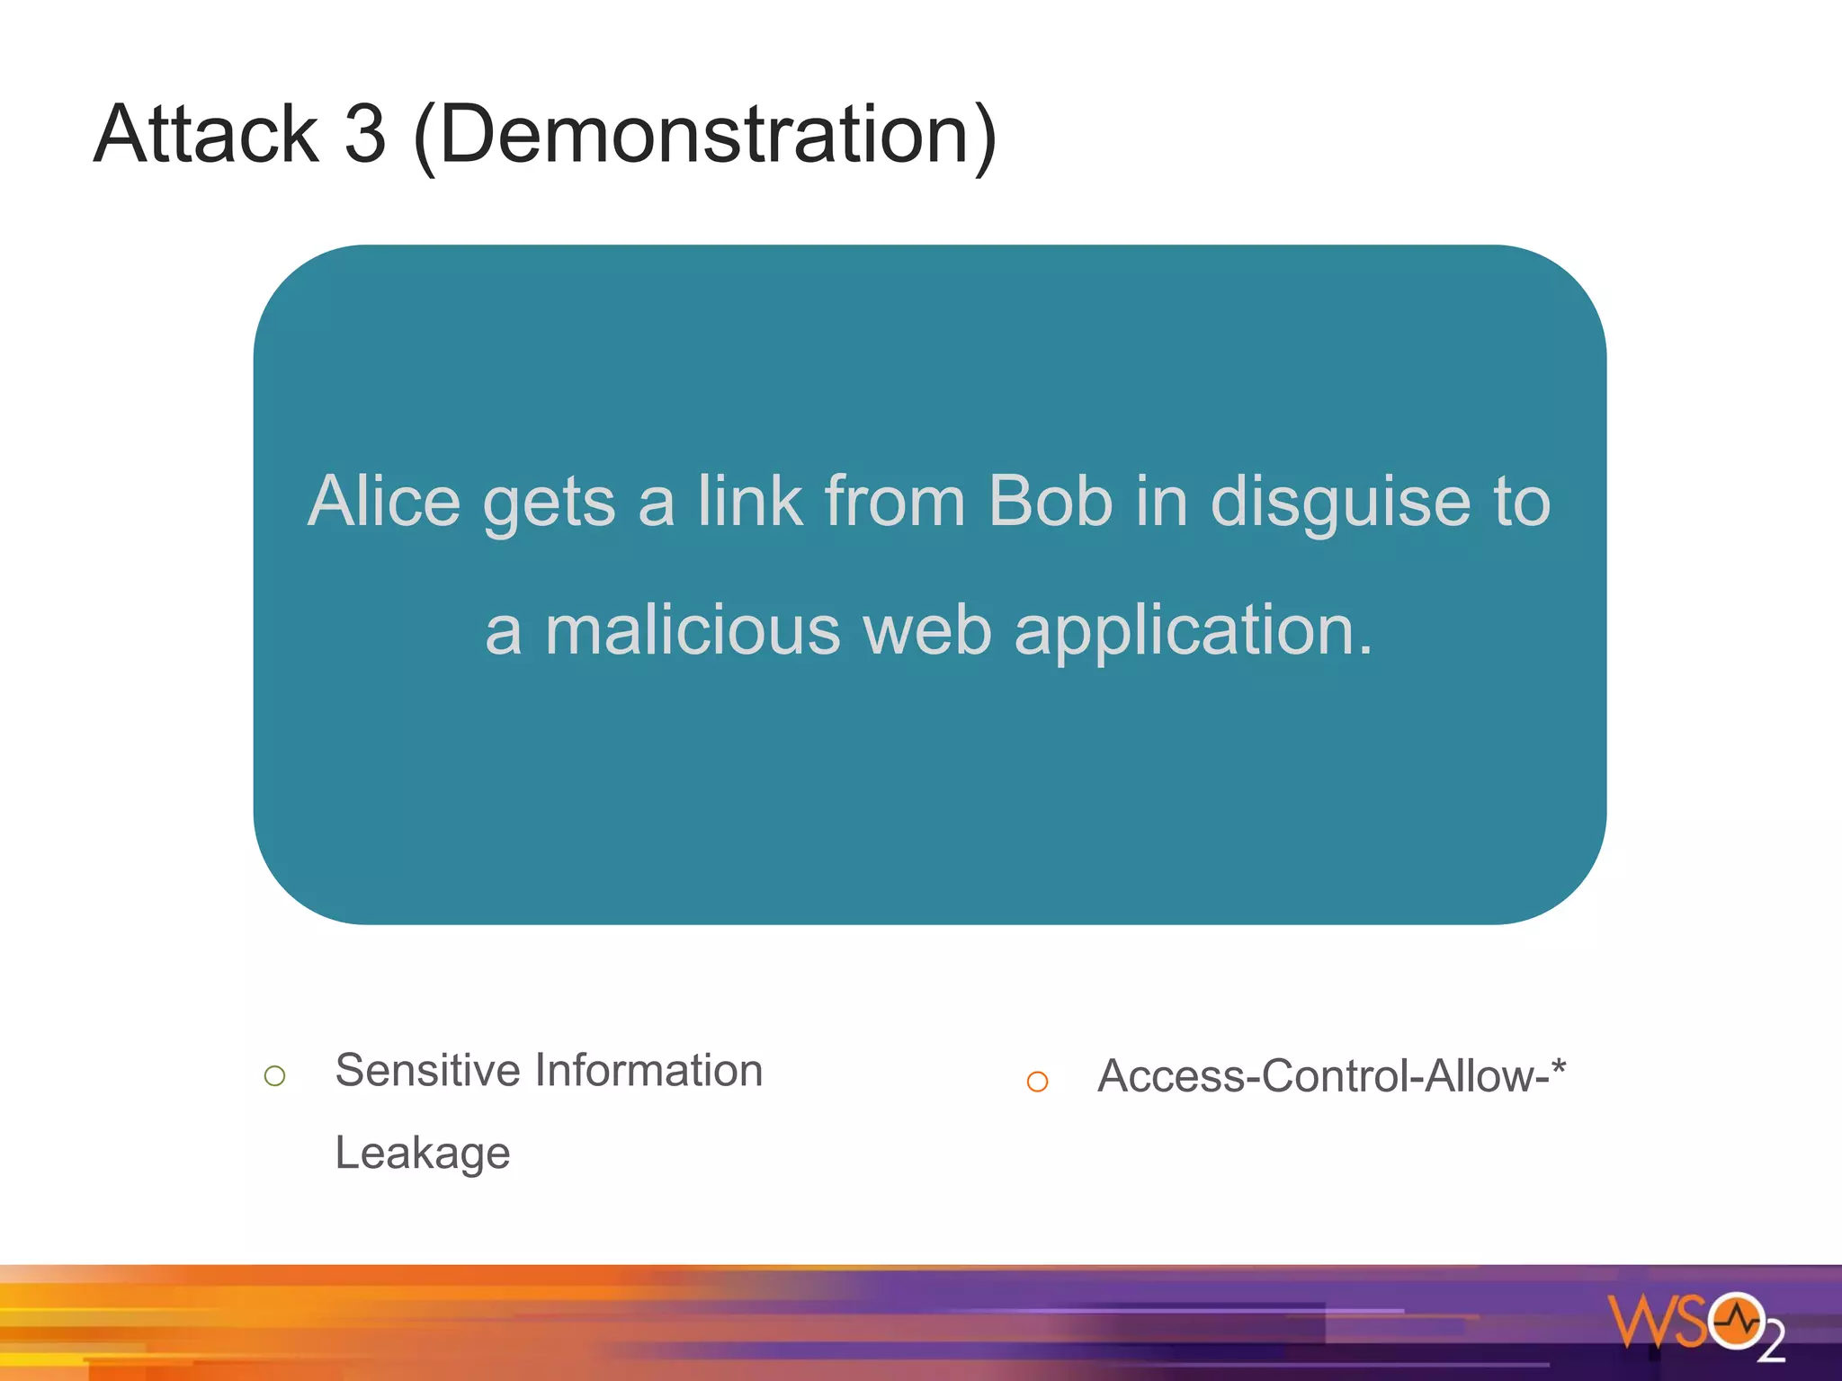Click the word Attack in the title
[206, 135]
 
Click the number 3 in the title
[365, 135]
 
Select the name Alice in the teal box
[384, 501]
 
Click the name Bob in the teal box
[1050, 501]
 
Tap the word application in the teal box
[1193, 632]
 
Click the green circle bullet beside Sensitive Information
[275, 1075]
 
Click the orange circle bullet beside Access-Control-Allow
[1037, 1082]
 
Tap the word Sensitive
[428, 1070]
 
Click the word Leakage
[422, 1154]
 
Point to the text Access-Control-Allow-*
[1331, 1076]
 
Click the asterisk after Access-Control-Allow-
[1559, 1067]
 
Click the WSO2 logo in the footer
[1695, 1324]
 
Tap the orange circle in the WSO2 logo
[1737, 1321]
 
